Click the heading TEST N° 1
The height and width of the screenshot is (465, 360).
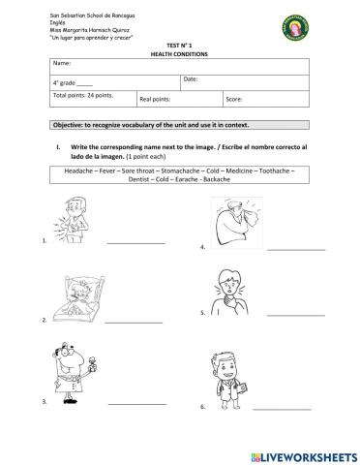(x=180, y=45)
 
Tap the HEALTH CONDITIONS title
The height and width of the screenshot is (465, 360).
(x=180, y=53)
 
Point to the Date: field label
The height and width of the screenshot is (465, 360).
(x=191, y=78)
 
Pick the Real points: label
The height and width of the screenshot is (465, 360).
(x=157, y=99)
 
